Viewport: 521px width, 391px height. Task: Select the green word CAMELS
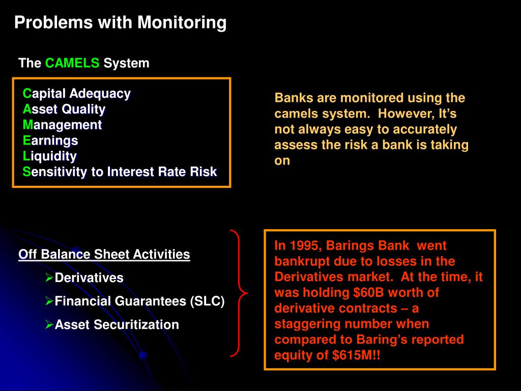(72, 63)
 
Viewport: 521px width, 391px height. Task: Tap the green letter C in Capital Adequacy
(26, 94)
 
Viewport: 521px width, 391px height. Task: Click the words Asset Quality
(64, 109)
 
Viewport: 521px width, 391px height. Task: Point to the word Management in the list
(62, 125)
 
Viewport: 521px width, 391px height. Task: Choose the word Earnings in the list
(50, 141)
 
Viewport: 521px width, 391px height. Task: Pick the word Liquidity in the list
(49, 156)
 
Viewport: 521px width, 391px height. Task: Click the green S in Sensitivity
(26, 172)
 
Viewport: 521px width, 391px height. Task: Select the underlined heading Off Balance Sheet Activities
(104, 255)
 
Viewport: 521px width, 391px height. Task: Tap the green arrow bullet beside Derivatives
(49, 277)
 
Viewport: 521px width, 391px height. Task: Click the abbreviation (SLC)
(208, 301)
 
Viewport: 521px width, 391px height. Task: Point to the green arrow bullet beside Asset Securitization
(49, 324)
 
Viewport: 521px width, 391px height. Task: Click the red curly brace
(239, 293)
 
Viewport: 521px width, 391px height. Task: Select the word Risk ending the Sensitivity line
(204, 172)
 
